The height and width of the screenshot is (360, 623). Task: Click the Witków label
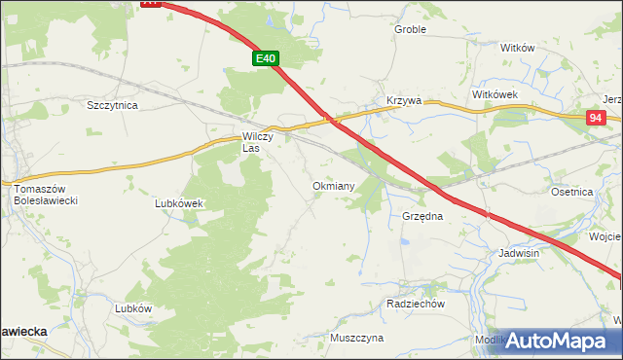[x=518, y=48]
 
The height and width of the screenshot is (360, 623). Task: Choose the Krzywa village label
[x=403, y=100]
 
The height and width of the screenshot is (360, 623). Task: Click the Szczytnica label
[x=113, y=104]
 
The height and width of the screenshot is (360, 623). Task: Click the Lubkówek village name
[x=178, y=203]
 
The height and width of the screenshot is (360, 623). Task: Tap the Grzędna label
[x=422, y=216]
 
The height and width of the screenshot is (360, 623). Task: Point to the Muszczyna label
[x=356, y=338]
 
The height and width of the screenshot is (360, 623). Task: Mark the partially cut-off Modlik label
[x=489, y=340]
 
